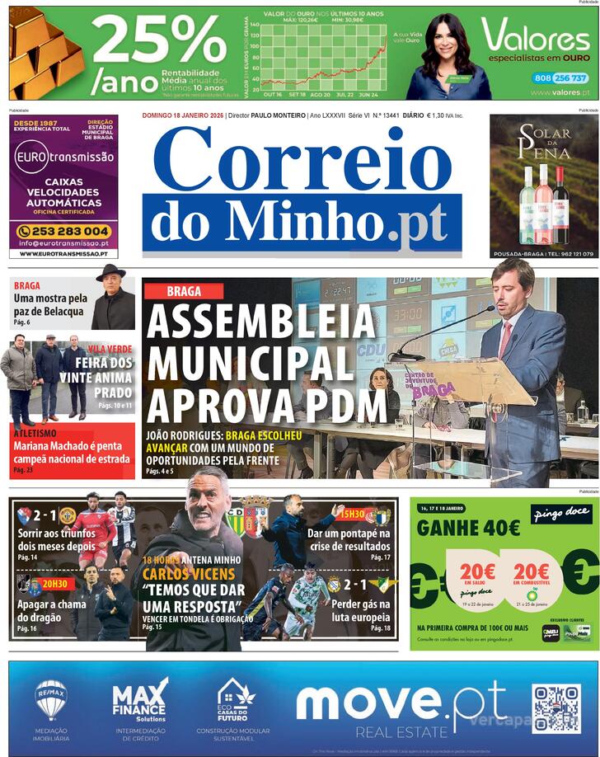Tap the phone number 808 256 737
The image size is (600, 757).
click(560, 78)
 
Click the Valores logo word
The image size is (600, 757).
click(535, 37)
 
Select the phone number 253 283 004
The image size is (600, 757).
click(63, 231)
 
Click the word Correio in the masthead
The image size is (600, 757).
click(302, 159)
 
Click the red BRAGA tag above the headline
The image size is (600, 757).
click(184, 291)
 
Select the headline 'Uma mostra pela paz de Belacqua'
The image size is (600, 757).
click(50, 305)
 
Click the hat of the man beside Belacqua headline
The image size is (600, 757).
click(110, 272)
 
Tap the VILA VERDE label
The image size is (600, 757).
click(110, 349)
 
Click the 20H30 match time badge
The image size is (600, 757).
click(55, 583)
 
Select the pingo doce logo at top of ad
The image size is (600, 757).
click(561, 514)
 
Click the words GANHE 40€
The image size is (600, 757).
click(468, 527)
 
